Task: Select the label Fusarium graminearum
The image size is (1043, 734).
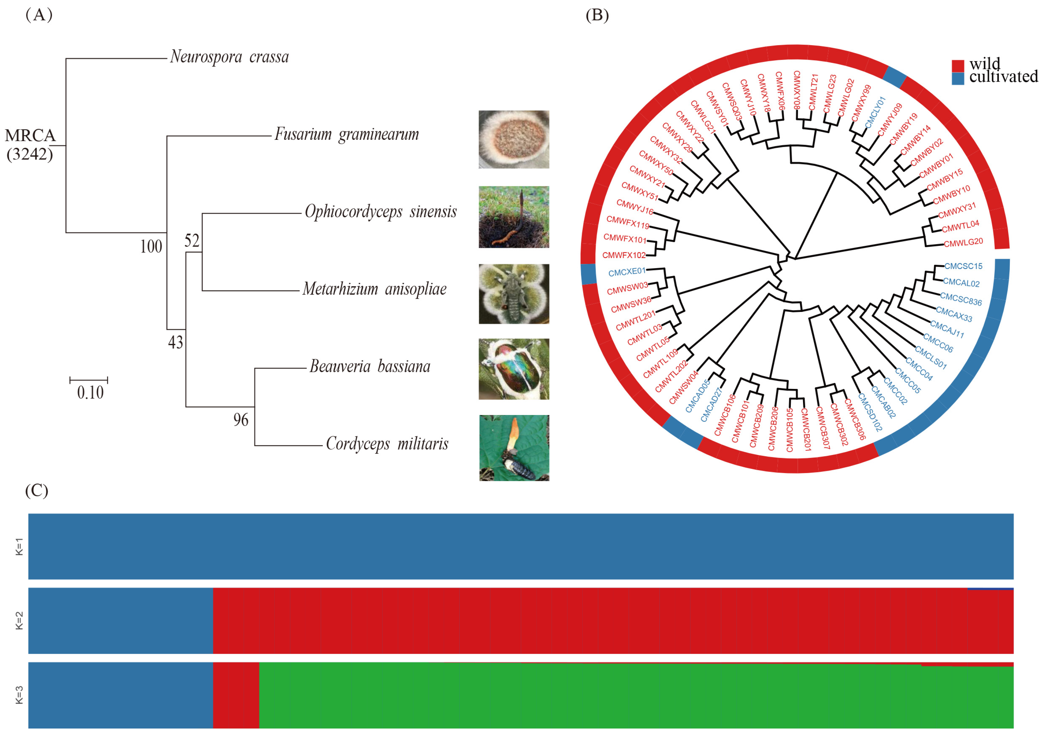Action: pyautogui.click(x=347, y=135)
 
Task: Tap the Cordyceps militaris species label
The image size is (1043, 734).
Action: pyautogui.click(x=387, y=444)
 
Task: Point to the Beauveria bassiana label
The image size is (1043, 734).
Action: pyautogui.click(x=370, y=366)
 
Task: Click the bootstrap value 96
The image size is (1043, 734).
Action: pyautogui.click(x=241, y=420)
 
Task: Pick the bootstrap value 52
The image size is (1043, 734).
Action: pyautogui.click(x=192, y=240)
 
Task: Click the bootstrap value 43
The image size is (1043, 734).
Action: pyautogui.click(x=175, y=342)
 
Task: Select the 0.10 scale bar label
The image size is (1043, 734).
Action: pyautogui.click(x=90, y=393)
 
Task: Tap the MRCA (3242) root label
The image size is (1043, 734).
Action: pyautogui.click(x=30, y=145)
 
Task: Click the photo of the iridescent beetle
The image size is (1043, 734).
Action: pyautogui.click(x=514, y=369)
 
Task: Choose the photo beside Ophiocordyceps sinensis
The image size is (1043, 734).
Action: pyautogui.click(x=514, y=217)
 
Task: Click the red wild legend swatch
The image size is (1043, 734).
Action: pyautogui.click(x=958, y=65)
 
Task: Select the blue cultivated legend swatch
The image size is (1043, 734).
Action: pyautogui.click(x=958, y=79)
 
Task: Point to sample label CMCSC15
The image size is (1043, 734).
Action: pyautogui.click(x=963, y=266)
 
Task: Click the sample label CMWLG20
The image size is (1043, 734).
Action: pyautogui.click(x=963, y=243)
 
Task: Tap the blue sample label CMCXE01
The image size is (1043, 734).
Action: pyautogui.click(x=627, y=272)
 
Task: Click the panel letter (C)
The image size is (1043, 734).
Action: pyautogui.click(x=37, y=490)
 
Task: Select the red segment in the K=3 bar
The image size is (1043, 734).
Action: pyautogui.click(x=236, y=695)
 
